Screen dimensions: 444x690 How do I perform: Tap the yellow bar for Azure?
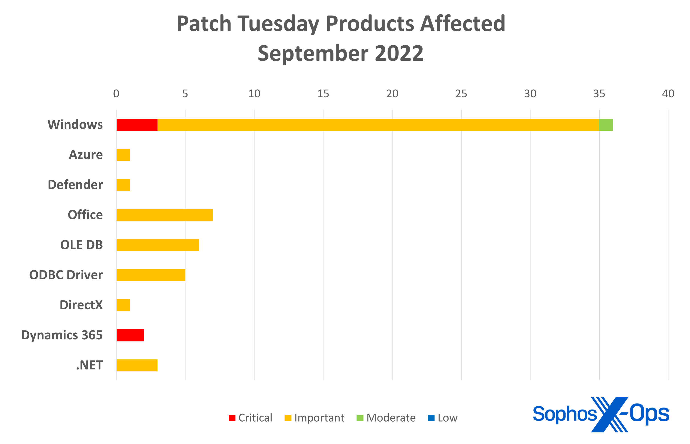point(123,155)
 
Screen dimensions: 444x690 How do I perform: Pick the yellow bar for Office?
point(165,215)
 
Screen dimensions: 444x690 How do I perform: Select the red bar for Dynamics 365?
point(130,335)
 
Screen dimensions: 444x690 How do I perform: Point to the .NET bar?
point(137,365)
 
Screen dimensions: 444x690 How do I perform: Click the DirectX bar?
point(123,305)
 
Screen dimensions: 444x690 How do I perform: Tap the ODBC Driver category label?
point(66,275)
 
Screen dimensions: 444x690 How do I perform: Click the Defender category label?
point(75,184)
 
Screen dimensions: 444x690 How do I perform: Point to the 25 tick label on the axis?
point(461,94)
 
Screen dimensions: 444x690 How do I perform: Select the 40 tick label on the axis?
point(668,94)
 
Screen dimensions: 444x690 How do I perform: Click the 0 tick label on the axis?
point(116,94)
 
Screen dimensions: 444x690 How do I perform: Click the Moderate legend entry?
point(386,418)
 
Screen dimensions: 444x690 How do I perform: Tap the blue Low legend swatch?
point(431,418)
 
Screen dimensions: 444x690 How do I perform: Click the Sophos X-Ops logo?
point(601,414)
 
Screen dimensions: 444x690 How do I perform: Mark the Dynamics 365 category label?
point(62,335)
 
